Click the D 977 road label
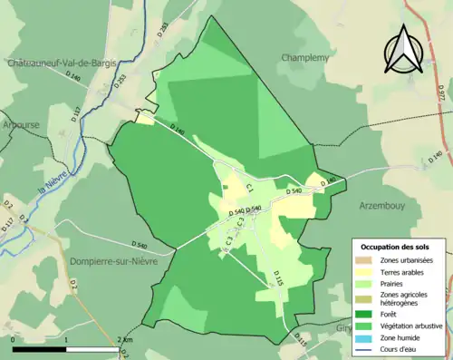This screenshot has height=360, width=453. coord(440,92)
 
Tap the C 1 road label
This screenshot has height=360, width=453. coord(246,188)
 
